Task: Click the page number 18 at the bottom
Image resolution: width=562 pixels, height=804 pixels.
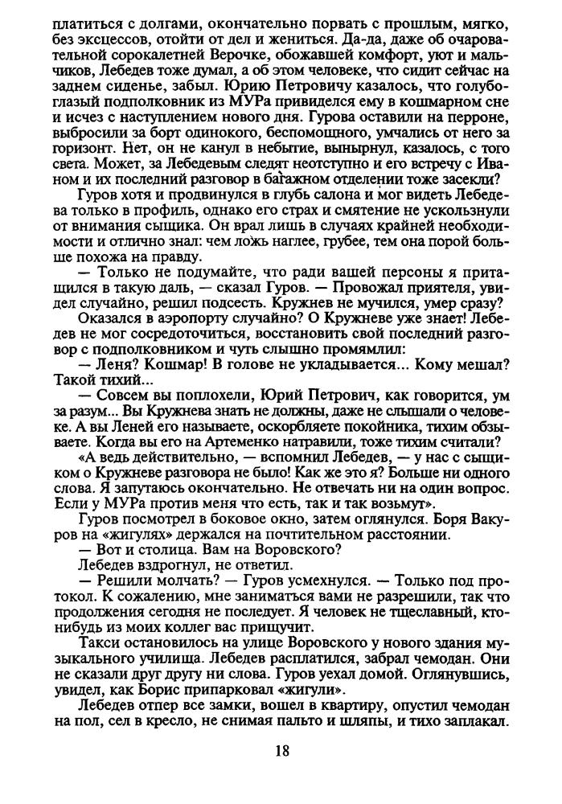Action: pos(281,751)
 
